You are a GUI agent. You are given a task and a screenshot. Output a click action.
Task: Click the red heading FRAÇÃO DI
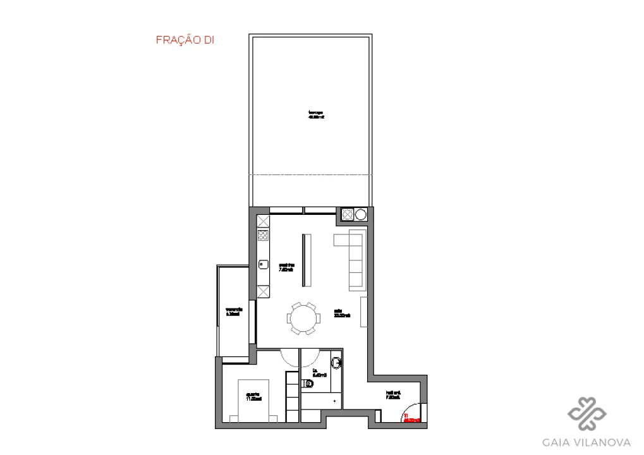[x=185, y=40]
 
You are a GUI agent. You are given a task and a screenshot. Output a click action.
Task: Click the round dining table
[x=303, y=317]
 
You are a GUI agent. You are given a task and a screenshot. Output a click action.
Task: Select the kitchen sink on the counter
[x=263, y=264]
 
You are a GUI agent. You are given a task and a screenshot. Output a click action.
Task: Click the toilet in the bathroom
[x=308, y=383]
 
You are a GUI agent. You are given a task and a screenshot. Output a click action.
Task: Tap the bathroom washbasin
[x=337, y=362]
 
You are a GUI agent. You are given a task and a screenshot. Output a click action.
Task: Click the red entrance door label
[x=411, y=418]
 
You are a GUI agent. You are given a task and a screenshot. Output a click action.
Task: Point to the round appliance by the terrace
[x=360, y=215]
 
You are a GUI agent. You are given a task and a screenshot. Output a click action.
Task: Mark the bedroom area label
[x=253, y=397]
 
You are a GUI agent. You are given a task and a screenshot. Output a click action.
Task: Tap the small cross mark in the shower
[x=334, y=401]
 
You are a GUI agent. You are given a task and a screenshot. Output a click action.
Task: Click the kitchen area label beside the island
[x=286, y=267]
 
